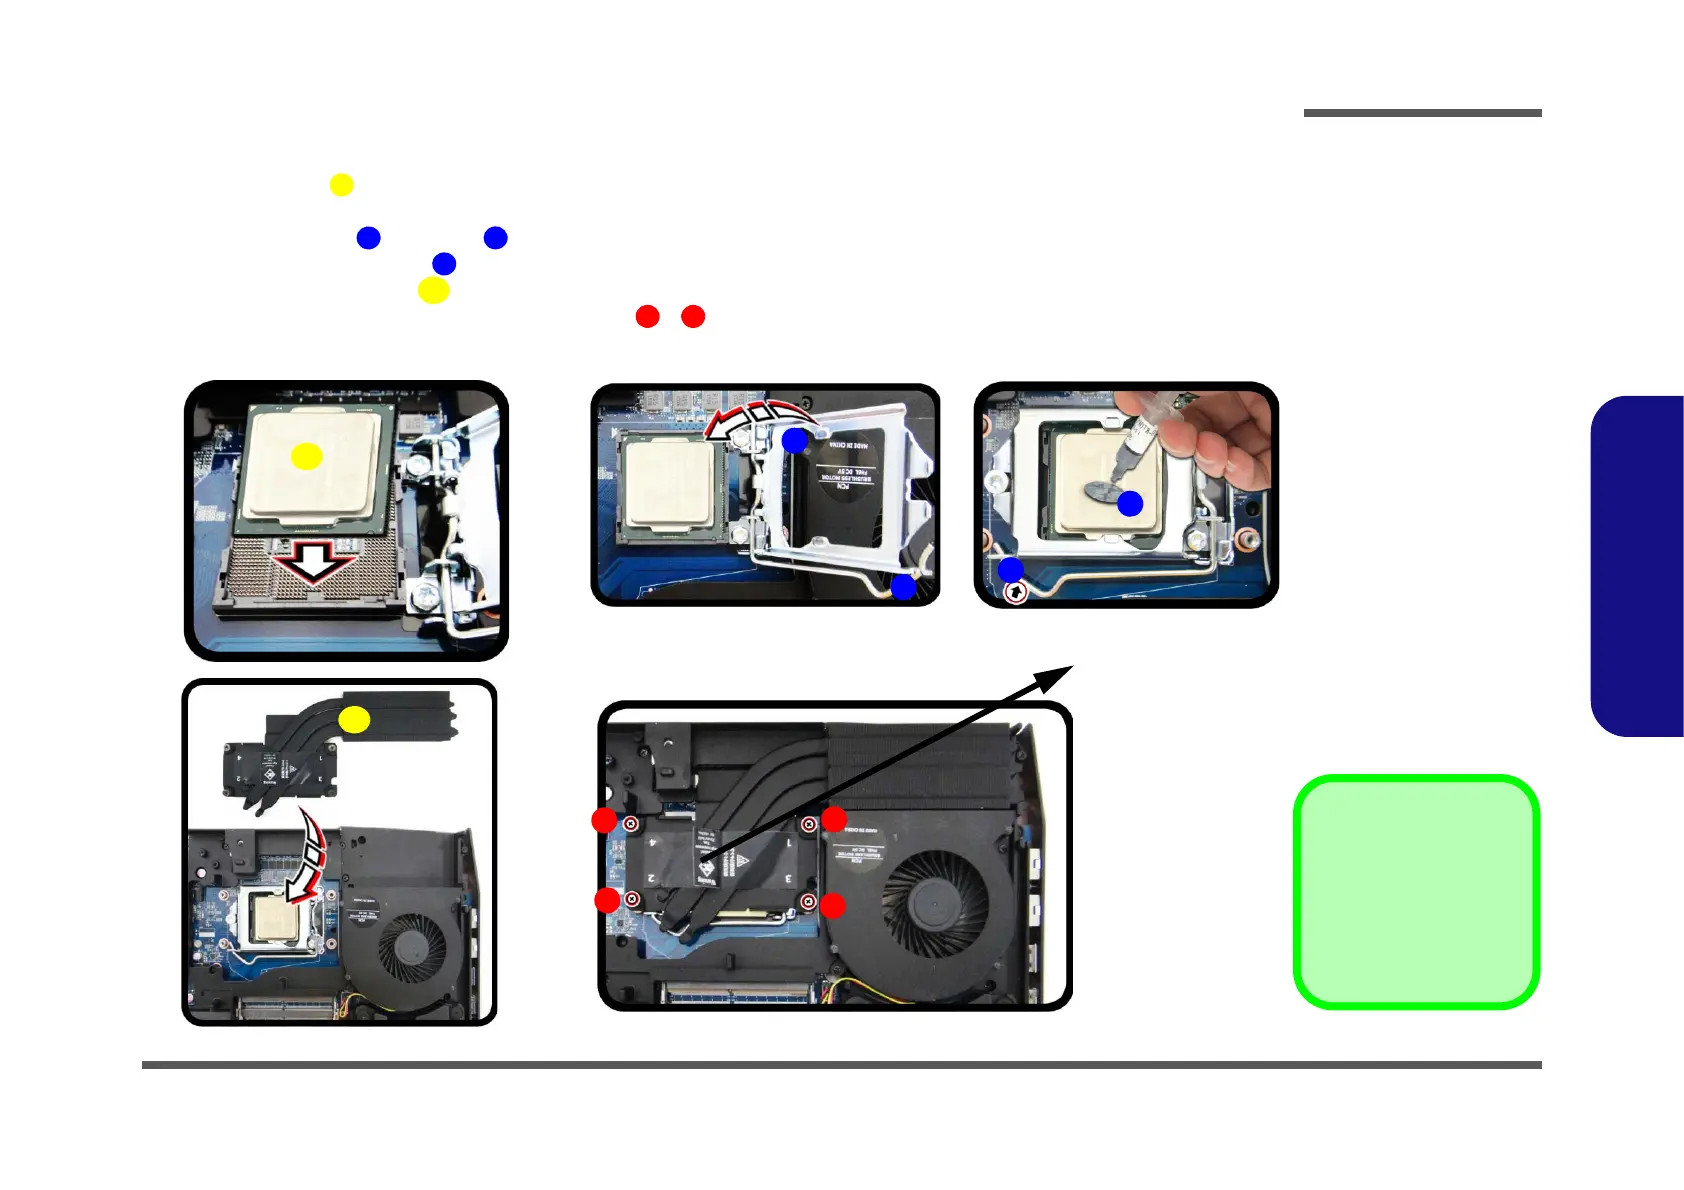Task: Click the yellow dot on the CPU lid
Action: pyautogui.click(x=306, y=456)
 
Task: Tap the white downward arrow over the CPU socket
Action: pyautogui.click(x=314, y=562)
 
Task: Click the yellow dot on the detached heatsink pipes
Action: pyautogui.click(x=354, y=719)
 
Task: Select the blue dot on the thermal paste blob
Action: pyautogui.click(x=1130, y=504)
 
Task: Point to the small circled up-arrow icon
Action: pyautogui.click(x=1015, y=593)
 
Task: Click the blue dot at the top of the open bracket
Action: pyautogui.click(x=794, y=440)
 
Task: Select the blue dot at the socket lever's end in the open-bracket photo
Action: pyautogui.click(x=903, y=587)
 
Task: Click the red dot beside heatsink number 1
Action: pyautogui.click(x=834, y=820)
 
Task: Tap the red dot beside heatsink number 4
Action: pyautogui.click(x=604, y=821)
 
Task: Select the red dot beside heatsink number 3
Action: pyautogui.click(x=832, y=906)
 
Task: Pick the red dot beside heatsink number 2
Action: pyautogui.click(x=607, y=900)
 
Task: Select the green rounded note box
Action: pyautogui.click(x=1416, y=892)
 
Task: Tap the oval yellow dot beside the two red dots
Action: pyautogui.click(x=433, y=290)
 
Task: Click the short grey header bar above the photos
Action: pyautogui.click(x=1422, y=113)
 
